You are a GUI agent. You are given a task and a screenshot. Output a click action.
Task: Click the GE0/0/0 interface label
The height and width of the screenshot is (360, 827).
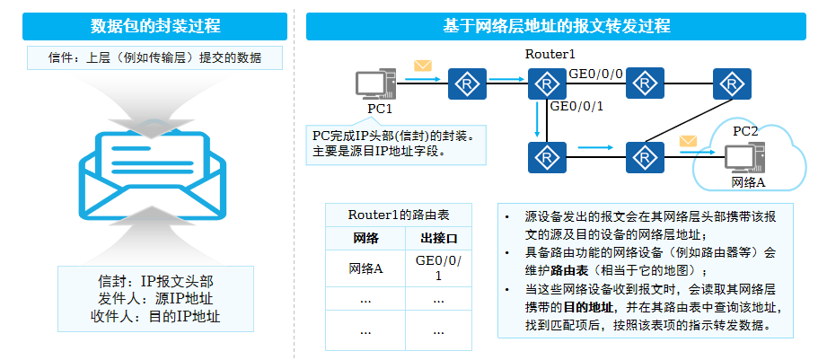[x=595, y=73]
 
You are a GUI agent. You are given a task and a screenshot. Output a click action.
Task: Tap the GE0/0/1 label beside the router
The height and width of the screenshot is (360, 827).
[x=576, y=106]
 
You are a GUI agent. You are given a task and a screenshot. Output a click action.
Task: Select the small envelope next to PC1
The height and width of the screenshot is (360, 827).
[x=422, y=66]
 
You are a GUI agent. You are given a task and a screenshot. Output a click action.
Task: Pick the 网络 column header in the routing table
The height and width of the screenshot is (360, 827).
[x=366, y=239]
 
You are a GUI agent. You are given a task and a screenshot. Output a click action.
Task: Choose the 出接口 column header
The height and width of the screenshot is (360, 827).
[x=438, y=239]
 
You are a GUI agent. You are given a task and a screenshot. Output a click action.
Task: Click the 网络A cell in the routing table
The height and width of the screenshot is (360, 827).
[x=366, y=268]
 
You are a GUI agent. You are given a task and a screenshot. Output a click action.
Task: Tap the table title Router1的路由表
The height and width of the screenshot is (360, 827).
[x=398, y=215]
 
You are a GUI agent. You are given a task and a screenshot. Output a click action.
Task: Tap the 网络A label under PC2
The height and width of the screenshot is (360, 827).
[x=748, y=182]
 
